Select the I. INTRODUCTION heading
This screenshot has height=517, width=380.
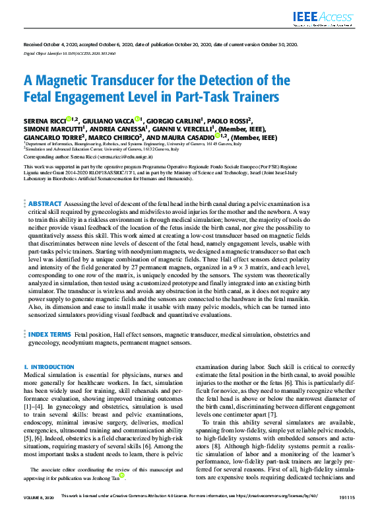coord(49,366)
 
